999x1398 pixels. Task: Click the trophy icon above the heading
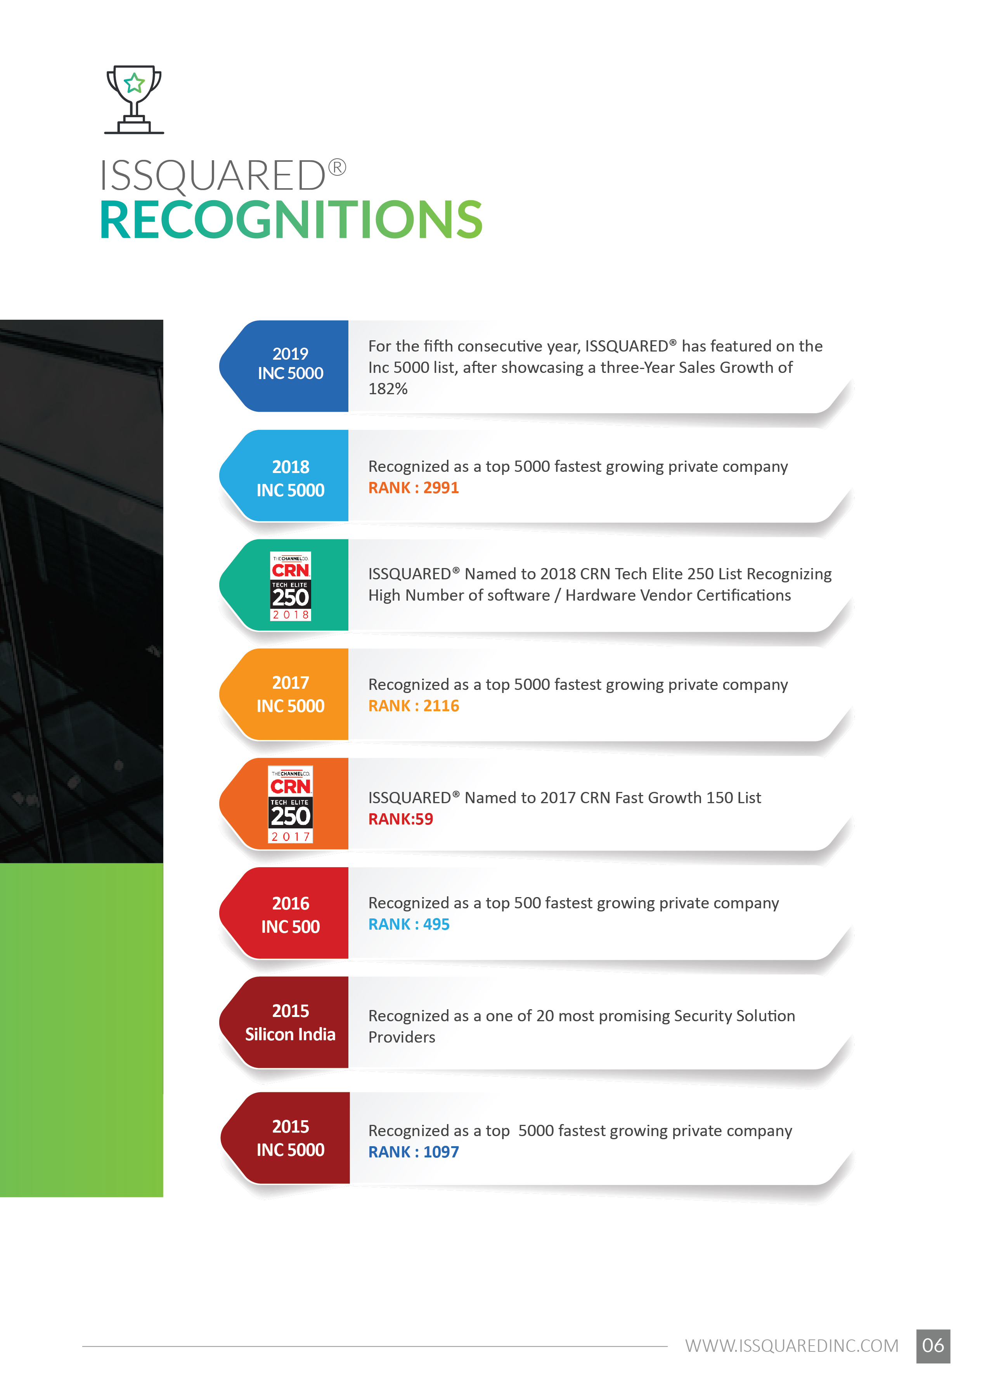coord(134,100)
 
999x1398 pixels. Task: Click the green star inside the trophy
coord(134,82)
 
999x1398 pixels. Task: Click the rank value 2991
coord(441,488)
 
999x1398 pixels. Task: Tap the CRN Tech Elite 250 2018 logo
coord(290,586)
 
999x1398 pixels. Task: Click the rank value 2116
coord(441,706)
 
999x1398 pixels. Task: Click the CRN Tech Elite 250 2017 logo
coord(290,804)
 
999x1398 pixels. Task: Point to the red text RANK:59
coord(400,819)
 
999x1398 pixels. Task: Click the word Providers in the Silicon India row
coord(402,1038)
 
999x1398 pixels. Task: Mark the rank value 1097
coord(441,1152)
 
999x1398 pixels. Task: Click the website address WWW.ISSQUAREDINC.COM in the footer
coord(792,1346)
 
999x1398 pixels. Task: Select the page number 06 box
coord(933,1346)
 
